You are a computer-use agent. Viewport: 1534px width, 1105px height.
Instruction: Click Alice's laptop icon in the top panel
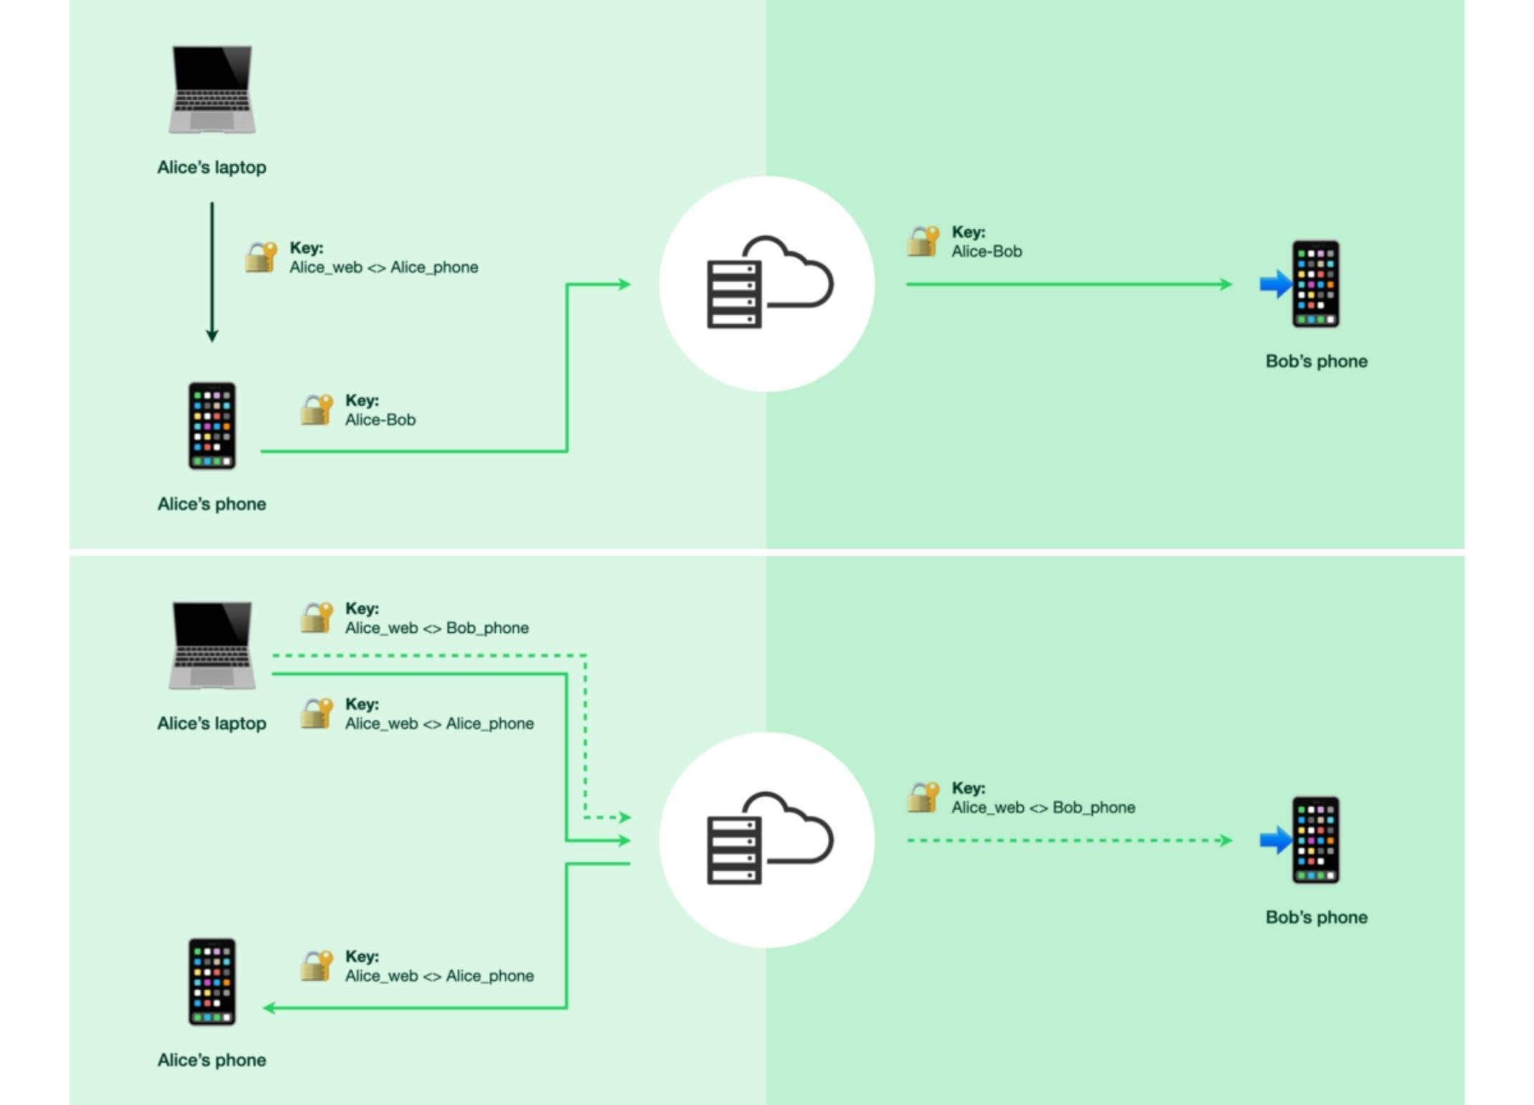(x=212, y=90)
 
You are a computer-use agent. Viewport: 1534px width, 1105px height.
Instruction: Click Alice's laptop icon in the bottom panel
(x=212, y=646)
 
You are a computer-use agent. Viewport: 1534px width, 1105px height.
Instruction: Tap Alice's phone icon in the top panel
(x=212, y=426)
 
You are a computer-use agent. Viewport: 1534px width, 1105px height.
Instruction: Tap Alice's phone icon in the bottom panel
(x=212, y=982)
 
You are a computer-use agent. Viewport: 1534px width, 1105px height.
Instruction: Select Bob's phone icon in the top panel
(x=1315, y=284)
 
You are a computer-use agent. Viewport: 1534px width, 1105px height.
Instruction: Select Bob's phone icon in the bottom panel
(x=1315, y=840)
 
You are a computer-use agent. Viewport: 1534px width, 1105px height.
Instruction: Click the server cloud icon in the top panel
(x=767, y=284)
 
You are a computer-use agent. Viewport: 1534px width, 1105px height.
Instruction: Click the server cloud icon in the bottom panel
(x=767, y=840)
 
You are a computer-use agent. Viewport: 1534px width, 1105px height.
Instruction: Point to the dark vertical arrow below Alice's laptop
(x=212, y=273)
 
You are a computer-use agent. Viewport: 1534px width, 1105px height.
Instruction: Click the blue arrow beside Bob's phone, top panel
(x=1275, y=284)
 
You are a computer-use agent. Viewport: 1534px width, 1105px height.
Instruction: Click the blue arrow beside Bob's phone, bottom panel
(x=1275, y=840)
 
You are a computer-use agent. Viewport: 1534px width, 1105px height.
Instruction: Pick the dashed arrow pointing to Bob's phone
(x=1069, y=840)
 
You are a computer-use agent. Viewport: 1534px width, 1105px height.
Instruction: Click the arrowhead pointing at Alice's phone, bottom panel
(x=269, y=1008)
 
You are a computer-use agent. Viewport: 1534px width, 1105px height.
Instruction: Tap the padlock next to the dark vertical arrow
(x=260, y=258)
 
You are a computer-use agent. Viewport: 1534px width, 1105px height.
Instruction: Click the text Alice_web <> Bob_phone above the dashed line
(x=437, y=628)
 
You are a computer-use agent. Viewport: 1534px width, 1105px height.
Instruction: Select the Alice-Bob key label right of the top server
(x=987, y=251)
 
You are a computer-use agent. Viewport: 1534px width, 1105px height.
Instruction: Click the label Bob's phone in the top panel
(x=1316, y=361)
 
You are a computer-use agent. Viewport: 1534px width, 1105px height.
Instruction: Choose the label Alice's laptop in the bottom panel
(x=212, y=723)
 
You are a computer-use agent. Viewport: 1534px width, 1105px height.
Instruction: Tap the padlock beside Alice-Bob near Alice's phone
(x=316, y=410)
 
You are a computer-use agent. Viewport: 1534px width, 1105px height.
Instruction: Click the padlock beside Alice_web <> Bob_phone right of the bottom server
(x=923, y=798)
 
